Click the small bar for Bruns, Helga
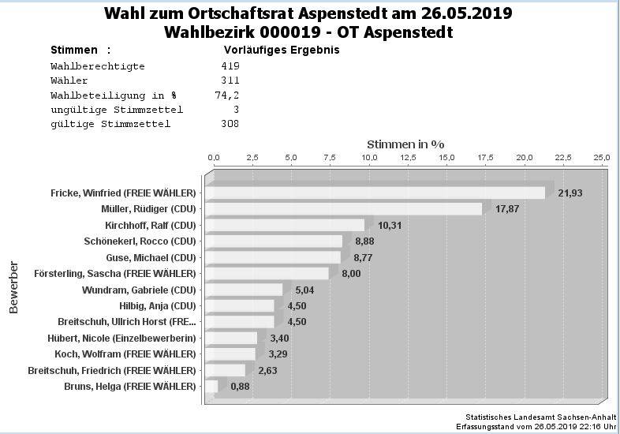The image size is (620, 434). click(x=211, y=386)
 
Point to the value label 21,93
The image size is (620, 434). click(x=570, y=193)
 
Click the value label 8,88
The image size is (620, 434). click(x=364, y=241)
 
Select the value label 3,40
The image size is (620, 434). click(x=279, y=339)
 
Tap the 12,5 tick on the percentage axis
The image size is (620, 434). click(x=408, y=159)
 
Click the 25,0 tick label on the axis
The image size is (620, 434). click(x=602, y=159)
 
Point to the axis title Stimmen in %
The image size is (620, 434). click(x=405, y=144)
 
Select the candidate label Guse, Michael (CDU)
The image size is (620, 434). click(x=151, y=257)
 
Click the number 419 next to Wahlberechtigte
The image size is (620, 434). click(x=230, y=66)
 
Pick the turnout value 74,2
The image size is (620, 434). click(x=227, y=95)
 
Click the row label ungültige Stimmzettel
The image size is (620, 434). click(x=116, y=109)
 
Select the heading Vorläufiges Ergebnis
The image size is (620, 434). click(x=282, y=50)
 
